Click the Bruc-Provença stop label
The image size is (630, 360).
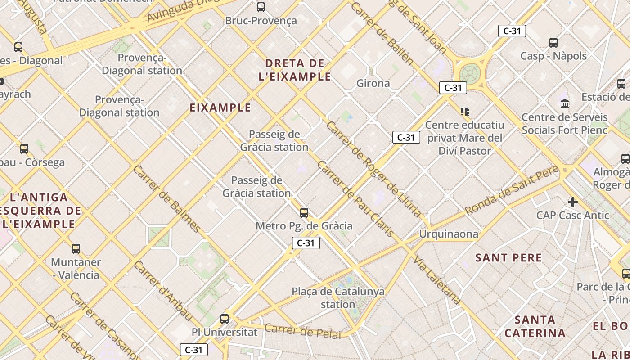(261, 21)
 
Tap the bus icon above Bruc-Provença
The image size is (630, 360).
(261, 7)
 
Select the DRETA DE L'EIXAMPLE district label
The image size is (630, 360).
(295, 70)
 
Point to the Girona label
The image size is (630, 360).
(373, 83)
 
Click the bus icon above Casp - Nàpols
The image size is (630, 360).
(553, 43)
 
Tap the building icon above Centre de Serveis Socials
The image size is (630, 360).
(565, 104)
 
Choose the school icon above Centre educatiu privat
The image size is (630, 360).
(465, 111)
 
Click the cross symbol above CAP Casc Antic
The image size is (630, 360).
(572, 202)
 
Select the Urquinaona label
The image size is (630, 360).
(449, 234)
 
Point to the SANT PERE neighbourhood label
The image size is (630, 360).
(509, 258)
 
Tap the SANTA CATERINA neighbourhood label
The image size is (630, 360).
(535, 327)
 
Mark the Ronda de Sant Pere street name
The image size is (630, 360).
(512, 190)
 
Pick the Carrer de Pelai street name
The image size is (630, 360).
(304, 331)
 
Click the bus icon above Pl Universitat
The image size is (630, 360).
(225, 319)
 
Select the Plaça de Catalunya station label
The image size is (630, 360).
(338, 298)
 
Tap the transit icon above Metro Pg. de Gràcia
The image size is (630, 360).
(304, 213)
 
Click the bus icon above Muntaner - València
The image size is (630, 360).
(76, 249)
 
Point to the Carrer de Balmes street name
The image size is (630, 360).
(167, 199)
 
